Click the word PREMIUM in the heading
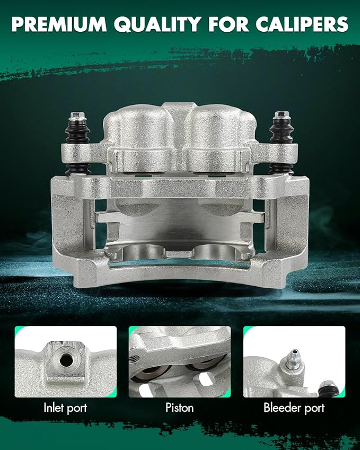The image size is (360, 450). pyautogui.click(x=59, y=24)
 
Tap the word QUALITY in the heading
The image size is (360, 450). pyautogui.click(x=157, y=24)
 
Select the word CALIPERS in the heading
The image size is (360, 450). pyautogui.click(x=302, y=24)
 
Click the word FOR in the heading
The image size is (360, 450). pyautogui.click(x=229, y=24)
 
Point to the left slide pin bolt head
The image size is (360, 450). pyautogui.click(x=77, y=116)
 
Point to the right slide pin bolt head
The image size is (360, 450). pyautogui.click(x=282, y=115)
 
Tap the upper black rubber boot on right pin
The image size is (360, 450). pyautogui.click(x=282, y=131)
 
